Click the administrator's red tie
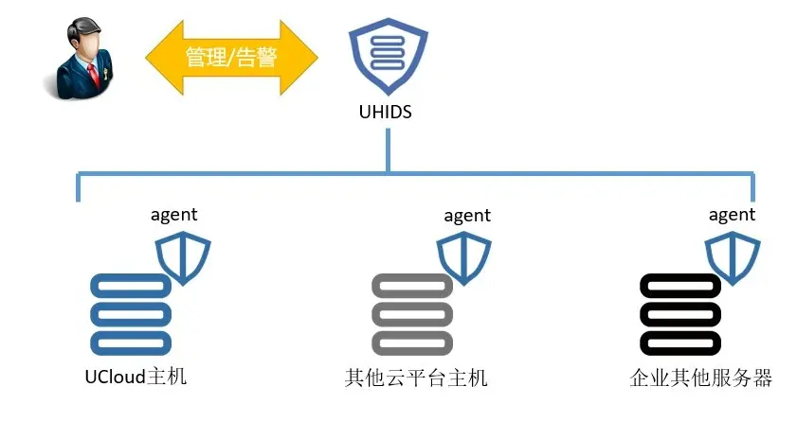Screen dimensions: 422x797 pyautogui.click(x=92, y=76)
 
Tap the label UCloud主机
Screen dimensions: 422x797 pyautogui.click(x=135, y=378)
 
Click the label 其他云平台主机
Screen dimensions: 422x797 pyautogui.click(x=416, y=378)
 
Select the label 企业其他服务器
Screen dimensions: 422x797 pyautogui.click(x=700, y=378)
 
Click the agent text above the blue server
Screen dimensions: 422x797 pyautogui.click(x=174, y=215)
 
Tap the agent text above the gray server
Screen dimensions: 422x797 pyautogui.click(x=467, y=216)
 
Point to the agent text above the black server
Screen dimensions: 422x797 pyautogui.click(x=732, y=215)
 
